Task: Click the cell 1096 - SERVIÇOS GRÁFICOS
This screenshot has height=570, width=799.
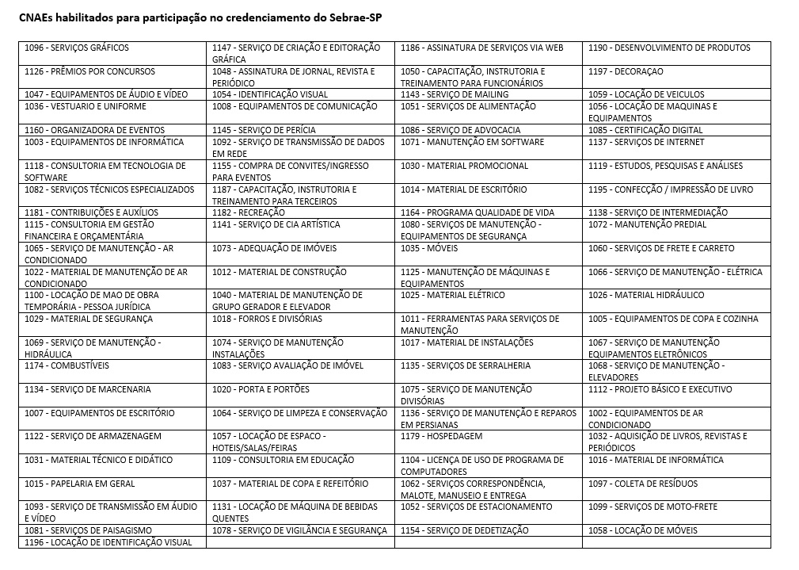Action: pyautogui.click(x=77, y=48)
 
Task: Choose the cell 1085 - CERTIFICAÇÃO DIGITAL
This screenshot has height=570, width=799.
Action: pyautogui.click(x=645, y=130)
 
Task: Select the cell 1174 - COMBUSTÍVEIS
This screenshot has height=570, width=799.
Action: pyautogui.click(x=67, y=366)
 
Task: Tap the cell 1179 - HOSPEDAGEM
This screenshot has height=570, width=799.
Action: pyautogui.click(x=442, y=437)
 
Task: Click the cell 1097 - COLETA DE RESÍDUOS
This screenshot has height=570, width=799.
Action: pyautogui.click(x=643, y=484)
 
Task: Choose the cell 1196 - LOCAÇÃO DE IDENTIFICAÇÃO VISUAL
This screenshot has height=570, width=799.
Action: pyautogui.click(x=108, y=542)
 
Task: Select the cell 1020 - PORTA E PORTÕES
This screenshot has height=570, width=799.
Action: pyautogui.click(x=261, y=389)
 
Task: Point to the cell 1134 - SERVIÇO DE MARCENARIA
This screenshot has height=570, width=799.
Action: pyautogui.click(x=88, y=389)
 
